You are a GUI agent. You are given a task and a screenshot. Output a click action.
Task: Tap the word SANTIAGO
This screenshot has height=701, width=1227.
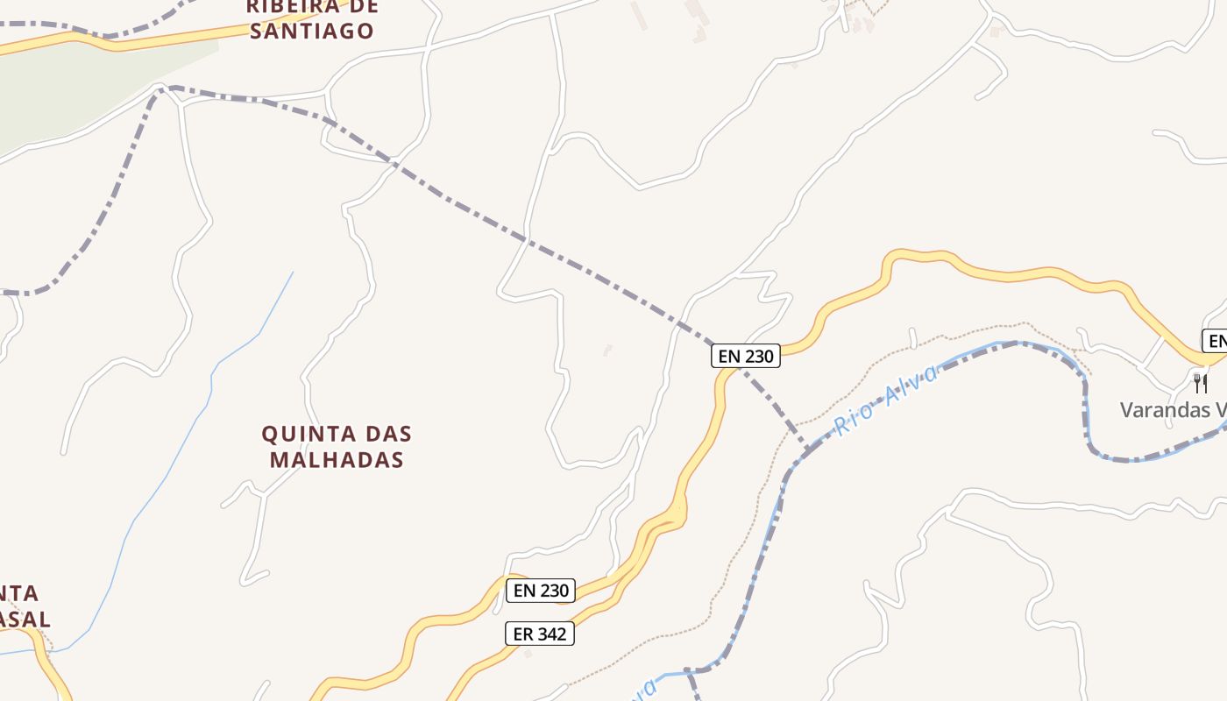312,32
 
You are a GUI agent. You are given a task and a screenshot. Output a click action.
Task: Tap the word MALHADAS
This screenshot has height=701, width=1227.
337,459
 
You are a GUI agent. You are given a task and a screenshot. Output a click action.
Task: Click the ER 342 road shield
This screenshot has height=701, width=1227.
540,634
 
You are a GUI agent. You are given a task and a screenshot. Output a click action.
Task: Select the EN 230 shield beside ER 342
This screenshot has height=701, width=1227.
542,591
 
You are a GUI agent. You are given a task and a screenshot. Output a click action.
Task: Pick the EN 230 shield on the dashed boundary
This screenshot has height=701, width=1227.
746,356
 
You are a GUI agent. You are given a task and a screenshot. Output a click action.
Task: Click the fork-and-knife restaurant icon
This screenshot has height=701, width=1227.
1200,383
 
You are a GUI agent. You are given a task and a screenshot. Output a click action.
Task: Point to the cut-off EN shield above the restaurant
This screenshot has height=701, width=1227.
1216,341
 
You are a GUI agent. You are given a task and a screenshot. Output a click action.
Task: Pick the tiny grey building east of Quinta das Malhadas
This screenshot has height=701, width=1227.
607,350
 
